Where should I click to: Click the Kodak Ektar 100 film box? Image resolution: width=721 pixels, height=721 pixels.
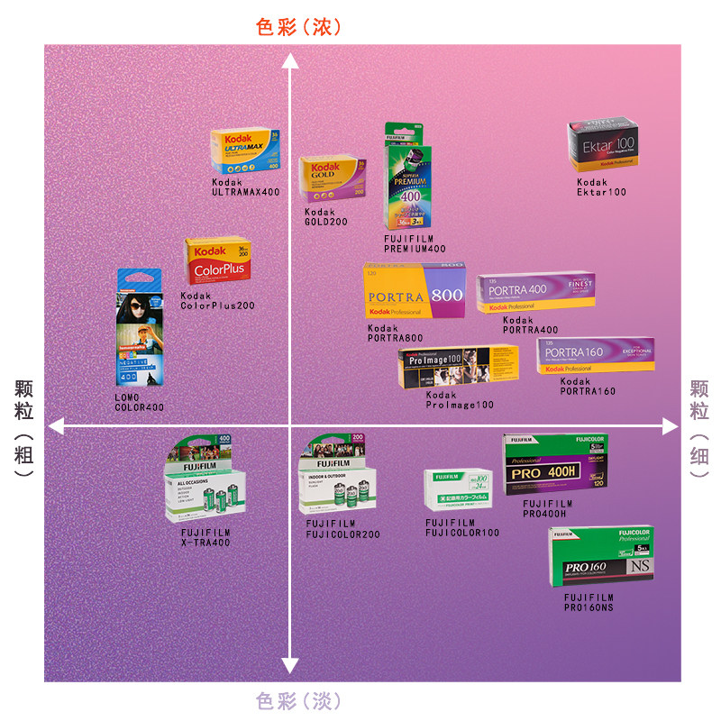point(601,147)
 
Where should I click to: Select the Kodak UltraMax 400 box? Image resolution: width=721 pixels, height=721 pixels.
point(245,151)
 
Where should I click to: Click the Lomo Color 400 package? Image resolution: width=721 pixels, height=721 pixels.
point(140,328)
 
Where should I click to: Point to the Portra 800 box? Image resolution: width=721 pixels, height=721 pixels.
point(415,292)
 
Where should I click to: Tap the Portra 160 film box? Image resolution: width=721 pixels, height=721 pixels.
point(595,356)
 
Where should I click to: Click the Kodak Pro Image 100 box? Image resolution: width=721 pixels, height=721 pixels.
point(458,368)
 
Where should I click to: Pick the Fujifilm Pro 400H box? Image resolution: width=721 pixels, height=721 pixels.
point(555,464)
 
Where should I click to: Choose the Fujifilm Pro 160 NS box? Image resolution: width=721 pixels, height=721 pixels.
point(600,558)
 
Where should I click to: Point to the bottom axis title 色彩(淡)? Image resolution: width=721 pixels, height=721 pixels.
point(298,699)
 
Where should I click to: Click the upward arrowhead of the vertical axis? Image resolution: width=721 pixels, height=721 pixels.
point(290,60)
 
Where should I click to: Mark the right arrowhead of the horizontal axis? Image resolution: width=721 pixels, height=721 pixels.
point(670,424)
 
